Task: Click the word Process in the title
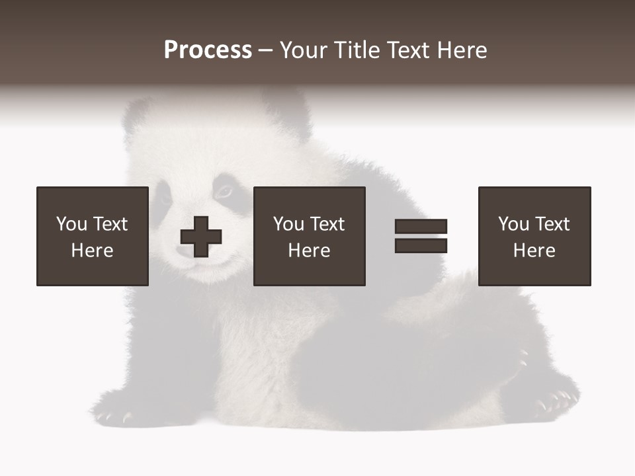point(208,50)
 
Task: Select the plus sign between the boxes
point(201,237)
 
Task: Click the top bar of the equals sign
point(421,227)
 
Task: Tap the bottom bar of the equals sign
point(421,245)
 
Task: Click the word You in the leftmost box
point(71,224)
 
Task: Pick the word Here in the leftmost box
point(92,251)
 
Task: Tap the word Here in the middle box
point(309,251)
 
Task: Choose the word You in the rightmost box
point(513,224)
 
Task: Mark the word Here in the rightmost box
point(534,251)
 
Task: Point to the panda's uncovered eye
point(225,192)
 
